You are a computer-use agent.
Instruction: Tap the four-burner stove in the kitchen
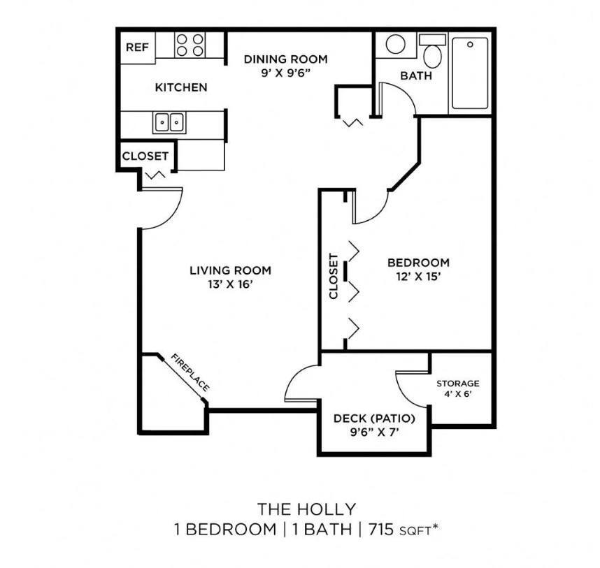point(190,45)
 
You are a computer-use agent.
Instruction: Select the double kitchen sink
point(169,122)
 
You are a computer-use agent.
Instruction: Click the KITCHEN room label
point(180,87)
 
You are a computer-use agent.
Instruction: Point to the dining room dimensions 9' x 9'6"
point(285,73)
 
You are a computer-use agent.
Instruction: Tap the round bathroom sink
point(395,45)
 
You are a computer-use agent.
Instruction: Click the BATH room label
point(415,75)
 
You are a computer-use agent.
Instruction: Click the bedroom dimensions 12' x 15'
point(418,276)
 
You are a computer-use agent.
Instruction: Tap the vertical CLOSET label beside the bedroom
point(334,276)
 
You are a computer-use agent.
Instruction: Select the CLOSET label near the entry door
point(145,156)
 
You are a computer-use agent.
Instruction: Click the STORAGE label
point(458,384)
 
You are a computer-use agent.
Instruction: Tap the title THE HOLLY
point(306,508)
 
